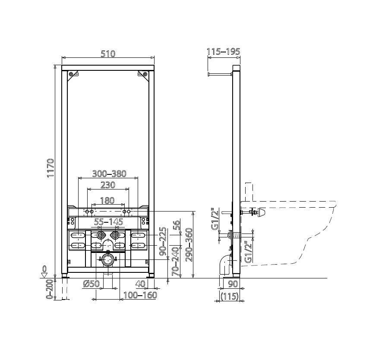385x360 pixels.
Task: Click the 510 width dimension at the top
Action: [108, 54]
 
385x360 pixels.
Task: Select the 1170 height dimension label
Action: [50, 168]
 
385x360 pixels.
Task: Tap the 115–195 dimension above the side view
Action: [224, 51]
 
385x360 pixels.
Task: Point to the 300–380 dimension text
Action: [109, 174]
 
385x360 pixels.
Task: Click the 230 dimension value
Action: [108, 185]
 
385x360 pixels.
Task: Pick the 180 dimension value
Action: [107, 200]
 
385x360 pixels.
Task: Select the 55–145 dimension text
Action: [109, 222]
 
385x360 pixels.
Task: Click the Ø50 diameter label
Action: [92, 284]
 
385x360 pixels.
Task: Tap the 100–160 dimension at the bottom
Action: [140, 295]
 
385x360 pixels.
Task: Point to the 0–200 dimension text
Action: [50, 289]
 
